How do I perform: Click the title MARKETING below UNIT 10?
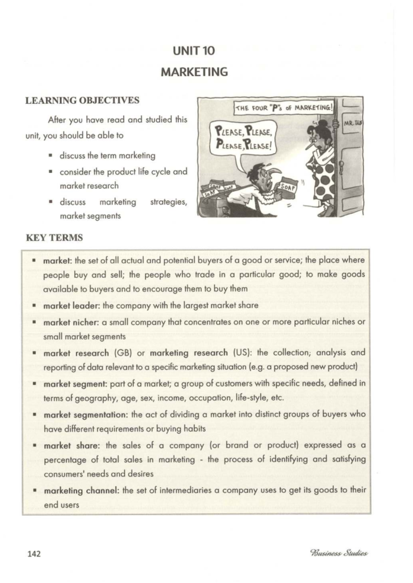coord(194,72)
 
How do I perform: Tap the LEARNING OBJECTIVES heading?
coord(82,100)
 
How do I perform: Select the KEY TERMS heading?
coord(54,238)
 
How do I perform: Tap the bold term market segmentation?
coord(86,415)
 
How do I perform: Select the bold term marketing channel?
coord(82,490)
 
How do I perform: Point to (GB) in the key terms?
coord(123,353)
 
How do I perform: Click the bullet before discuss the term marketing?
coord(50,156)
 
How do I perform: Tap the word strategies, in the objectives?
coord(168,202)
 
